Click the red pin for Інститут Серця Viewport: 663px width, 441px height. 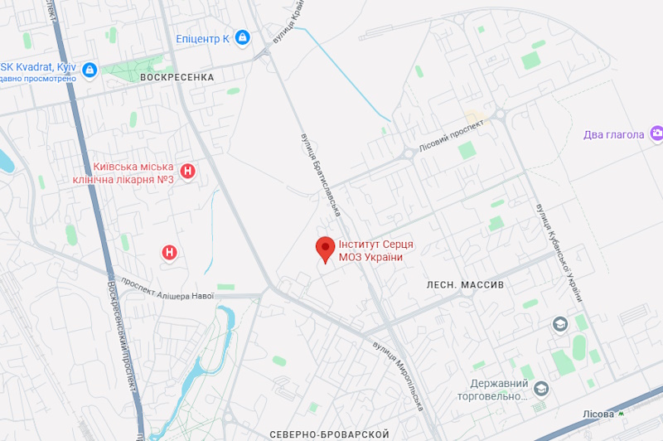tap(326, 248)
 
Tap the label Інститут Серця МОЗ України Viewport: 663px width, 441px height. tap(375, 250)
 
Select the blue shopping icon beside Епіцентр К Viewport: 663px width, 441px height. tap(242, 37)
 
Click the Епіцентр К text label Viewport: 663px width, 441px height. tap(202, 38)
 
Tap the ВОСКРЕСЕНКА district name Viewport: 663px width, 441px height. tap(177, 77)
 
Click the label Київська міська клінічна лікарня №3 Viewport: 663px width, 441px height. tap(133, 173)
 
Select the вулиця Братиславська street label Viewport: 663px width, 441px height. tap(320, 175)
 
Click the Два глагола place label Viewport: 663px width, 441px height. tap(613, 135)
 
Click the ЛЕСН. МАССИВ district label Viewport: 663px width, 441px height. tap(465, 284)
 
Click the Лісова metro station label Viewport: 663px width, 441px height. tap(598, 414)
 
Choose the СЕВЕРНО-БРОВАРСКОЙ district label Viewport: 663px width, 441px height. tap(329, 434)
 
